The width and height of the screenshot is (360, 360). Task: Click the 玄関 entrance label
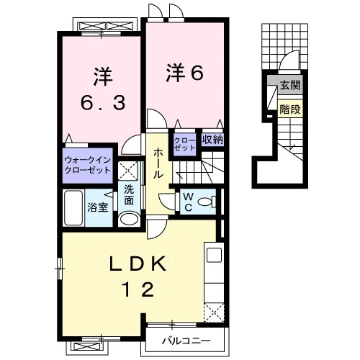[290, 85]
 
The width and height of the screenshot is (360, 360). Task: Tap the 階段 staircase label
[290, 109]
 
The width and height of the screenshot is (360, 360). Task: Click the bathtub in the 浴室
[73, 208]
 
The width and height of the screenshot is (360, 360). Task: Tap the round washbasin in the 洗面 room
[130, 219]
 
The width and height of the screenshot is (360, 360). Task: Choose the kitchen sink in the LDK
[214, 256]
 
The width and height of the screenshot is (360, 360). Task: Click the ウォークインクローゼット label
[88, 165]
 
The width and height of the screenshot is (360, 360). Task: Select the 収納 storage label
[212, 140]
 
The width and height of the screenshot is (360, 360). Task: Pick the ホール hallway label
[158, 163]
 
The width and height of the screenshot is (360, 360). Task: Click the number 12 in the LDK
[138, 289]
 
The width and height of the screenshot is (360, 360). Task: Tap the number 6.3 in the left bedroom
[103, 102]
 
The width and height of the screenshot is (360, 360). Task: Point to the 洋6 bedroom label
[185, 72]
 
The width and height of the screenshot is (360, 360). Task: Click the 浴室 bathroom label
[98, 207]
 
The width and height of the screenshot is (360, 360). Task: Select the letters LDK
[138, 264]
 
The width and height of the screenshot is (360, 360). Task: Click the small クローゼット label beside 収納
[184, 144]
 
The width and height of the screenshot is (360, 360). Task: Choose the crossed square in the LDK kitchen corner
[214, 313]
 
